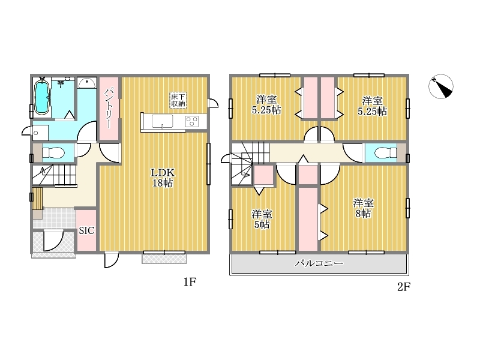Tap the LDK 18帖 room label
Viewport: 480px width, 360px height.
(163, 178)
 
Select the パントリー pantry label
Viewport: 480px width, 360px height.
(109, 108)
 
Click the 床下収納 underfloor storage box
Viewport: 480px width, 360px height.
(178, 100)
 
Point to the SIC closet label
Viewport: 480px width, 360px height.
(86, 230)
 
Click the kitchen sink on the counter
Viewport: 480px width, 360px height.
(162, 121)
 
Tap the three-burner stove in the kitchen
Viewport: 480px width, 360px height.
(191, 121)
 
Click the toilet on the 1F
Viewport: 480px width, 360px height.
(53, 152)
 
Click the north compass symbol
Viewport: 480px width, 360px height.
(440, 86)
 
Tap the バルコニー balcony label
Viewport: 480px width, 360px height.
(319, 263)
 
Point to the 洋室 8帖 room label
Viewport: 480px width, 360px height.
(364, 208)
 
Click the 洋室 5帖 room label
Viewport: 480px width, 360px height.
(262, 219)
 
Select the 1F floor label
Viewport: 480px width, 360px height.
(190, 281)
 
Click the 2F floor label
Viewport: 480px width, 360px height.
(404, 287)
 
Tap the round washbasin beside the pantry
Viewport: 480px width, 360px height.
(87, 83)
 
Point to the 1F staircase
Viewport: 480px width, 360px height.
(54, 175)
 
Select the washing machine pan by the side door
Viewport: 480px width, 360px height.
(40, 133)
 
